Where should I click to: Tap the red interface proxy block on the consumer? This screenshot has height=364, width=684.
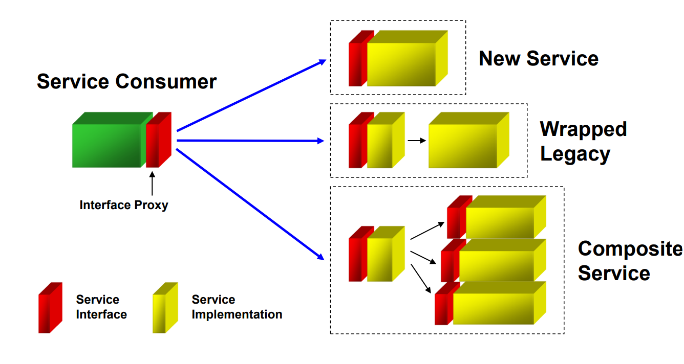159,140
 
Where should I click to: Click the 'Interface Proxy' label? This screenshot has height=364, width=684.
124,205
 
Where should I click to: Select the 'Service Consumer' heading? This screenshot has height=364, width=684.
127,82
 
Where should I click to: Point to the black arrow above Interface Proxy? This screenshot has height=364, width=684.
152,184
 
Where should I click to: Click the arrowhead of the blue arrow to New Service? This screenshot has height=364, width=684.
323,62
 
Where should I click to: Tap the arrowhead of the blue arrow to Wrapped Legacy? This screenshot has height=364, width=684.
320,141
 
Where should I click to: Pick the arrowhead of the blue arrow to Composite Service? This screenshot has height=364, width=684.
320,257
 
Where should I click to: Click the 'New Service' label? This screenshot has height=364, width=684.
539,58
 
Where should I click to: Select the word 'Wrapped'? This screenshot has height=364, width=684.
584,129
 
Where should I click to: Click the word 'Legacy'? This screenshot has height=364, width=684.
575,154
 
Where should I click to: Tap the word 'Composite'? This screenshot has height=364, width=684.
630,249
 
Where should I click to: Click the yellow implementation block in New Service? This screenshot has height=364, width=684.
408,58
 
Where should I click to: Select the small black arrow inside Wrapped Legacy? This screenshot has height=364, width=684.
417,141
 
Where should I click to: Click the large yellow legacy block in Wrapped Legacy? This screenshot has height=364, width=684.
469,140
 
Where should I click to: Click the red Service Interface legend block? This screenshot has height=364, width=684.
50,308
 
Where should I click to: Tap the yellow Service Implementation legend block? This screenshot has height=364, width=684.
165,308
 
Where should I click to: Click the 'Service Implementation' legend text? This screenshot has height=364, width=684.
237,307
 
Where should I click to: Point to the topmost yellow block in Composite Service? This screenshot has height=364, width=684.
506,217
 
